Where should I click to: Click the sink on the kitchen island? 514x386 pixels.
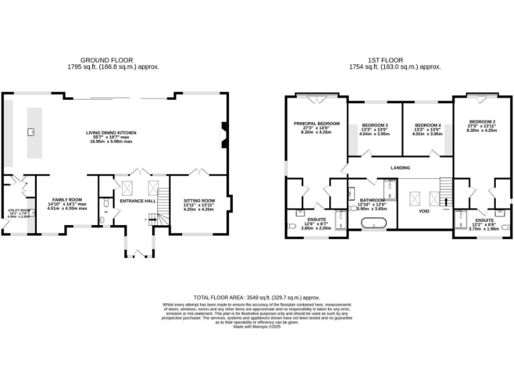[x=31, y=131]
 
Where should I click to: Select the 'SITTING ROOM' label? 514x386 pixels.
[x=199, y=200]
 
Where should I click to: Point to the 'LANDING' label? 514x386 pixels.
[x=400, y=168]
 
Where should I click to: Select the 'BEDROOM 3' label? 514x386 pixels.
[x=375, y=125]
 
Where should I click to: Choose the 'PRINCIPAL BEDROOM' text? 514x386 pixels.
[x=317, y=123]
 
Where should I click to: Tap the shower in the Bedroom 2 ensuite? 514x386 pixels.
[x=460, y=219]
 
